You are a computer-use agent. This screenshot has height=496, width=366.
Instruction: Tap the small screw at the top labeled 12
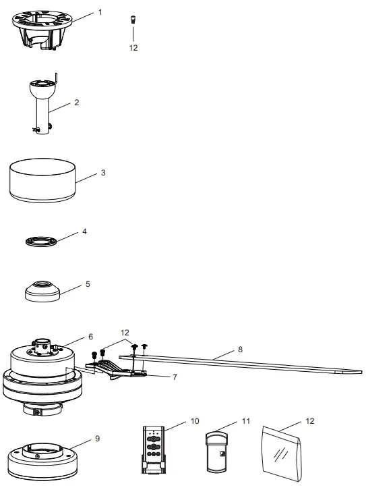tap(133, 20)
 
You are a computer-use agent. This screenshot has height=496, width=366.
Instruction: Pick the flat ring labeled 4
tap(42, 240)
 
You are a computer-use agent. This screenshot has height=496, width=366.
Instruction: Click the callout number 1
tap(100, 12)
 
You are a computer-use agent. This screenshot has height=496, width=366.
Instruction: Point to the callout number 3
tap(102, 173)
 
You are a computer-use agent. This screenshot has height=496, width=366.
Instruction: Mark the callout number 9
tap(97, 438)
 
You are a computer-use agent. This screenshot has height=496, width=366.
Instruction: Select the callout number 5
tap(88, 284)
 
